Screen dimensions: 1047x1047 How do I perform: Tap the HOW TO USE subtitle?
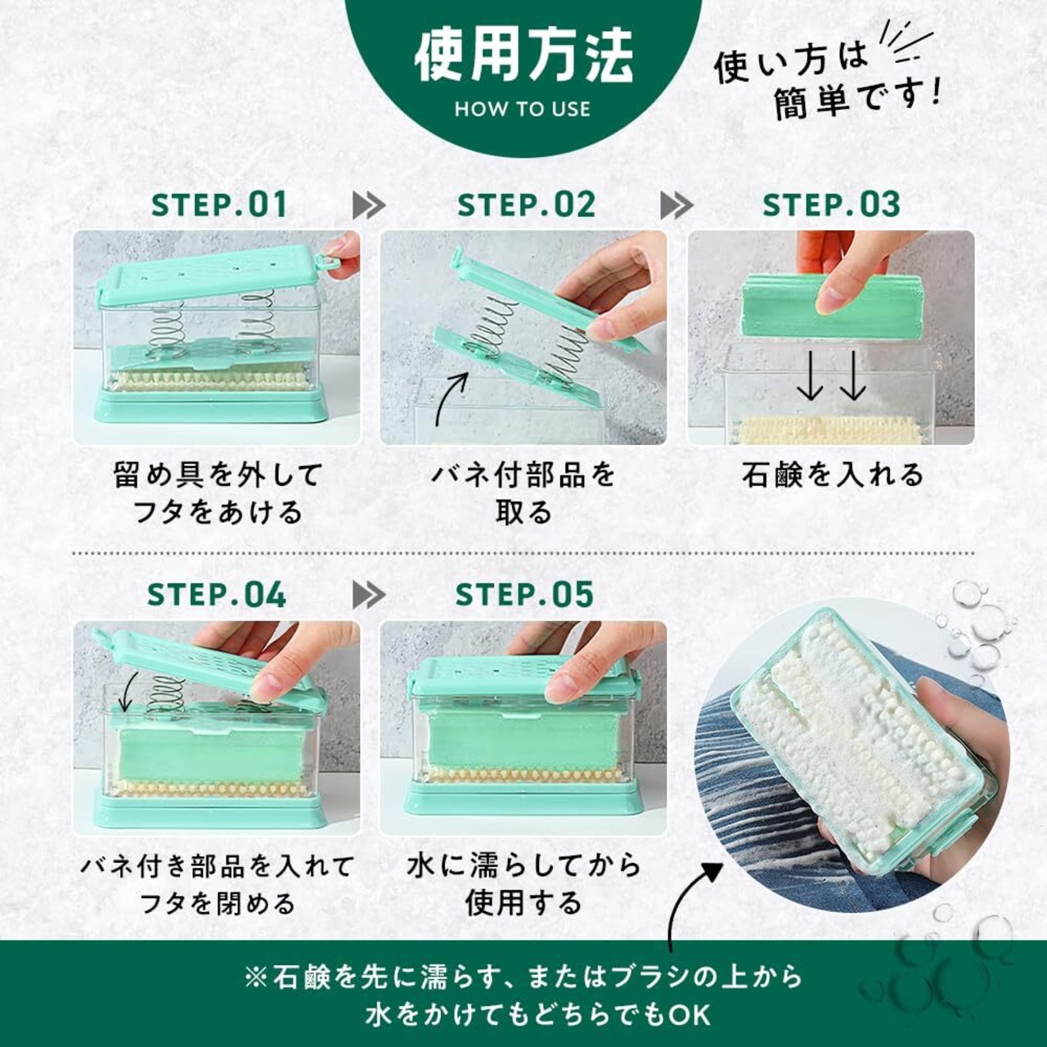click(x=523, y=110)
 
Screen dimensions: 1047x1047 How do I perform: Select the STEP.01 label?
click(x=219, y=204)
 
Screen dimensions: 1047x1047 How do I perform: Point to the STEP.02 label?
click(x=526, y=204)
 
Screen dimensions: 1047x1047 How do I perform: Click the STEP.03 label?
click(x=831, y=204)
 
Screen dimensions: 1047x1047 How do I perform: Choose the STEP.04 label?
click(x=217, y=595)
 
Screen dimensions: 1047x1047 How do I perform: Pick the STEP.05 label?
click(x=524, y=595)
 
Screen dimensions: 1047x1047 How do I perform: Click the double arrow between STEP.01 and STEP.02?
click(x=370, y=205)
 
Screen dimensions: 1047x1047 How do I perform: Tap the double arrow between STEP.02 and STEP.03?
click(x=677, y=205)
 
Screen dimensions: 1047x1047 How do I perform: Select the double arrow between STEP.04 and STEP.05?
click(x=370, y=595)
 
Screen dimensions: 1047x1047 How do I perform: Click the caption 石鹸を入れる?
click(x=832, y=474)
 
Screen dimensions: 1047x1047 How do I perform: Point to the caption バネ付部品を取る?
click(x=523, y=492)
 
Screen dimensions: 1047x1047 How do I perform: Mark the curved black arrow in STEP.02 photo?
click(x=449, y=397)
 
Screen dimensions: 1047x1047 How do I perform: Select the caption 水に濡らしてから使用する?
click(x=523, y=883)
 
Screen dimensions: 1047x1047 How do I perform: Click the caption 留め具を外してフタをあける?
click(x=218, y=492)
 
